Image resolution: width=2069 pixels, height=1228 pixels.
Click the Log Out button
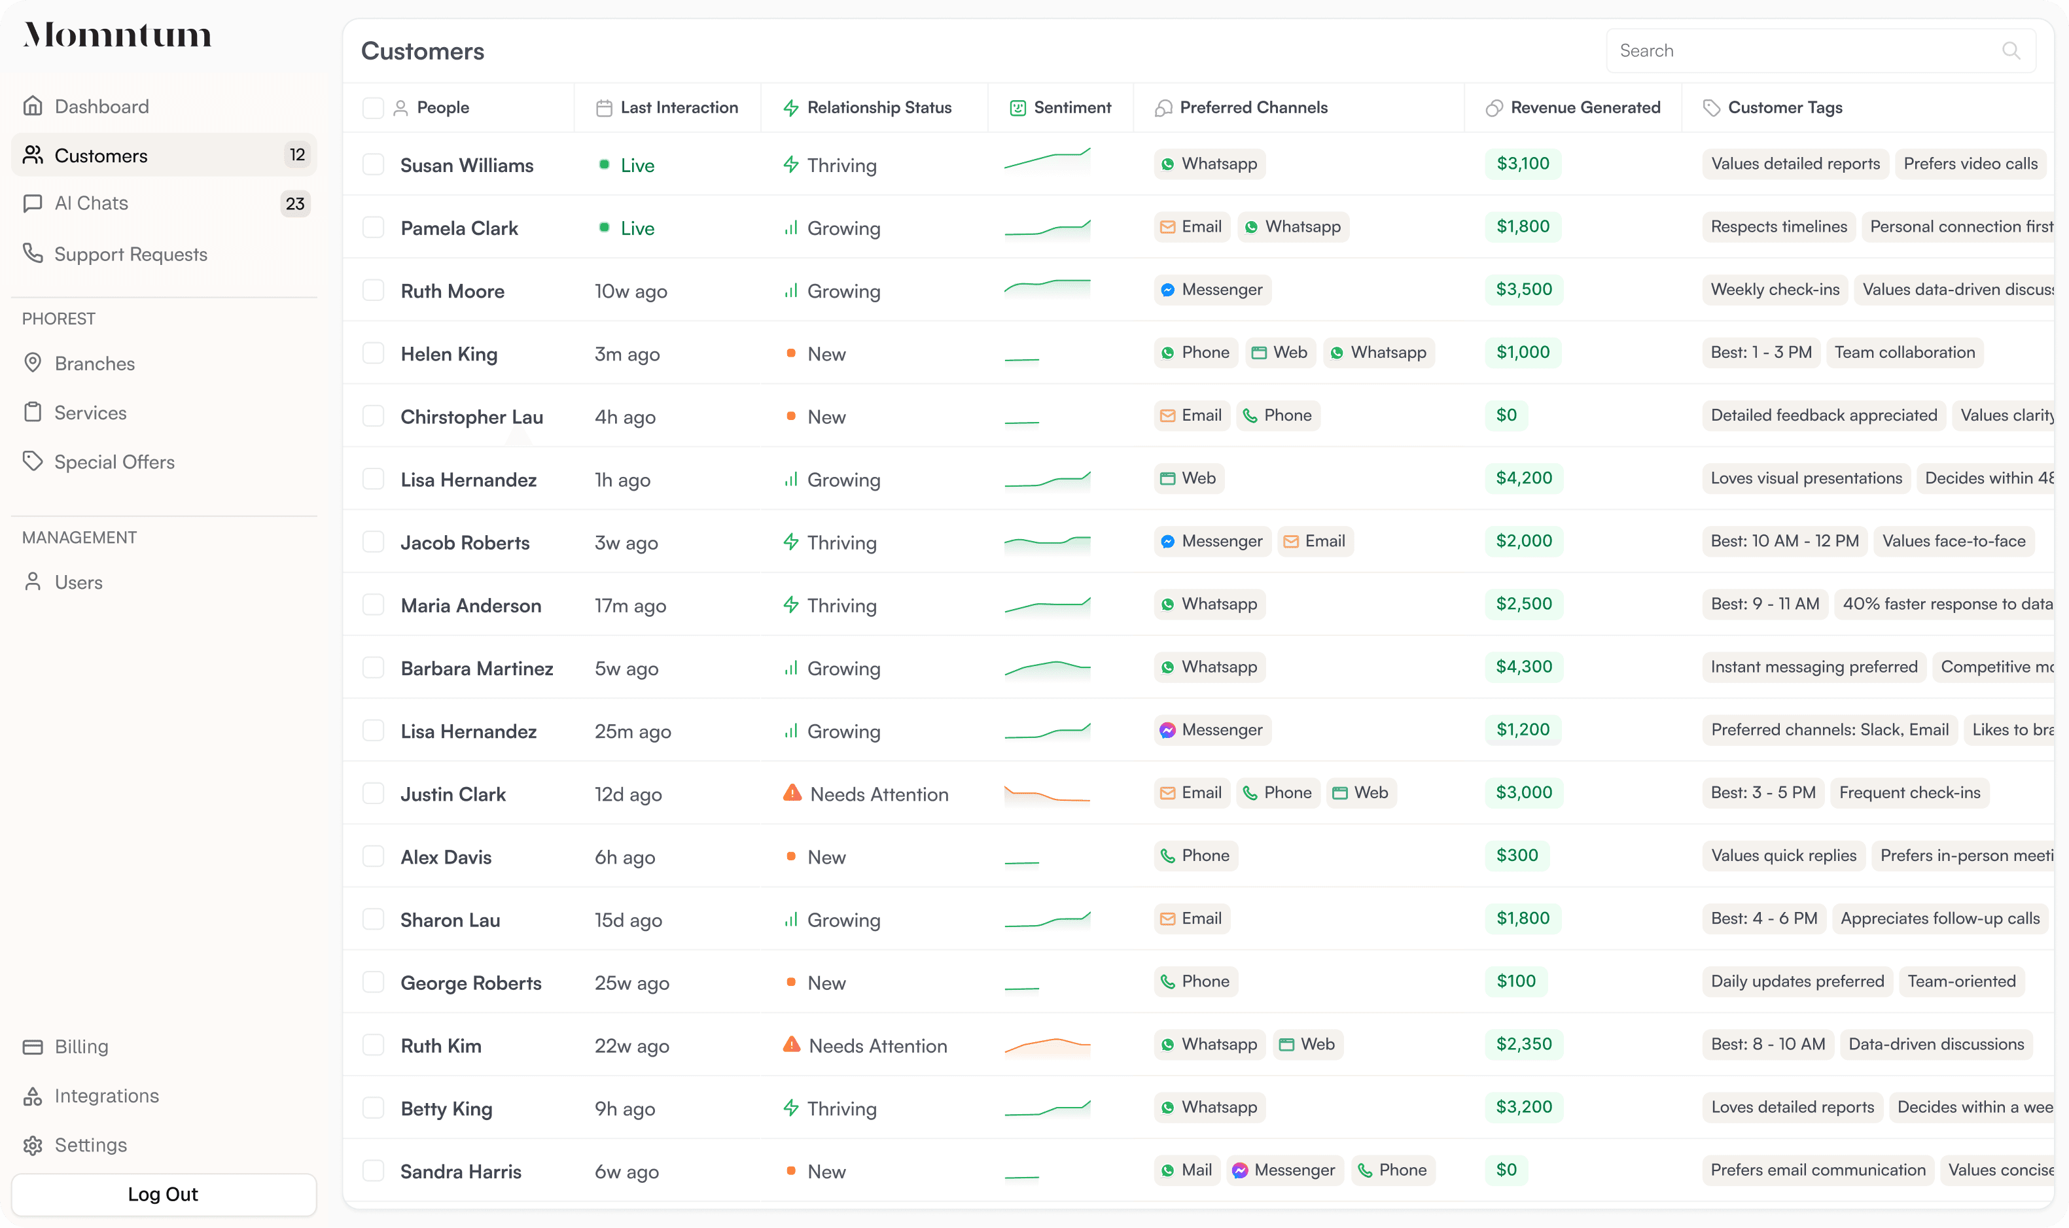pos(163,1194)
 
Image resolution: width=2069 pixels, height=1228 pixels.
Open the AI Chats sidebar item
pos(91,203)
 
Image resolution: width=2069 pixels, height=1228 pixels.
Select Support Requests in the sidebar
pos(130,254)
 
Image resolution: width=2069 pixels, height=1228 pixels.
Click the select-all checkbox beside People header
pos(373,107)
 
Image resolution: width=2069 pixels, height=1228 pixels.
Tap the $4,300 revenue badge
pos(1523,667)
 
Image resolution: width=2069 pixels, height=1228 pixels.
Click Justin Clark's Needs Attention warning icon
pos(792,793)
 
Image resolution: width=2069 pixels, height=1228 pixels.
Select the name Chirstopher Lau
pos(472,417)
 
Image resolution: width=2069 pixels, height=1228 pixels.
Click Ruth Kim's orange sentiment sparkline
pos(1047,1046)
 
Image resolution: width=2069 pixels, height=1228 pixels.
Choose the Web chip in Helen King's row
pos(1281,353)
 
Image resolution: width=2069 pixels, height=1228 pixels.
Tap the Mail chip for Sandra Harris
pos(1187,1170)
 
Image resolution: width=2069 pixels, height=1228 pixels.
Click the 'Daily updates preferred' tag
pos(1797,981)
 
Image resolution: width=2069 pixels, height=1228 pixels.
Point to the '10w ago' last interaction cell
pos(631,291)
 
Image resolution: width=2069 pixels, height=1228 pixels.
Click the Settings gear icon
pos(33,1146)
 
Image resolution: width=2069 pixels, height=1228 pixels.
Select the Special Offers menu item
pos(115,462)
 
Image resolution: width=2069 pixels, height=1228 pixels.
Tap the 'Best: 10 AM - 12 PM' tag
pos(1784,541)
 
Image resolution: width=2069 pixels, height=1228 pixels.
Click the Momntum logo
pos(118,35)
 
